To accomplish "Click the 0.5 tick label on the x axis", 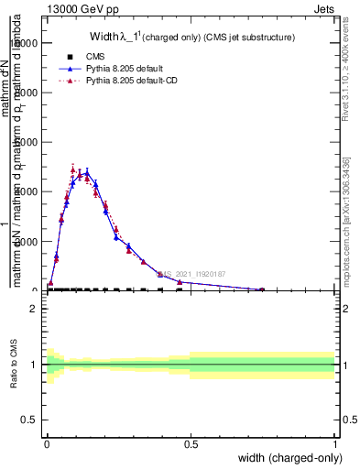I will pyautogui.click(x=191, y=444).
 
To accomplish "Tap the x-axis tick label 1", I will pyautogui.click(x=334, y=444).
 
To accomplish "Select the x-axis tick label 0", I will pyautogui.click(x=47, y=444).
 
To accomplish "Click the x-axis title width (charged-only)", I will pyautogui.click(x=284, y=458).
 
